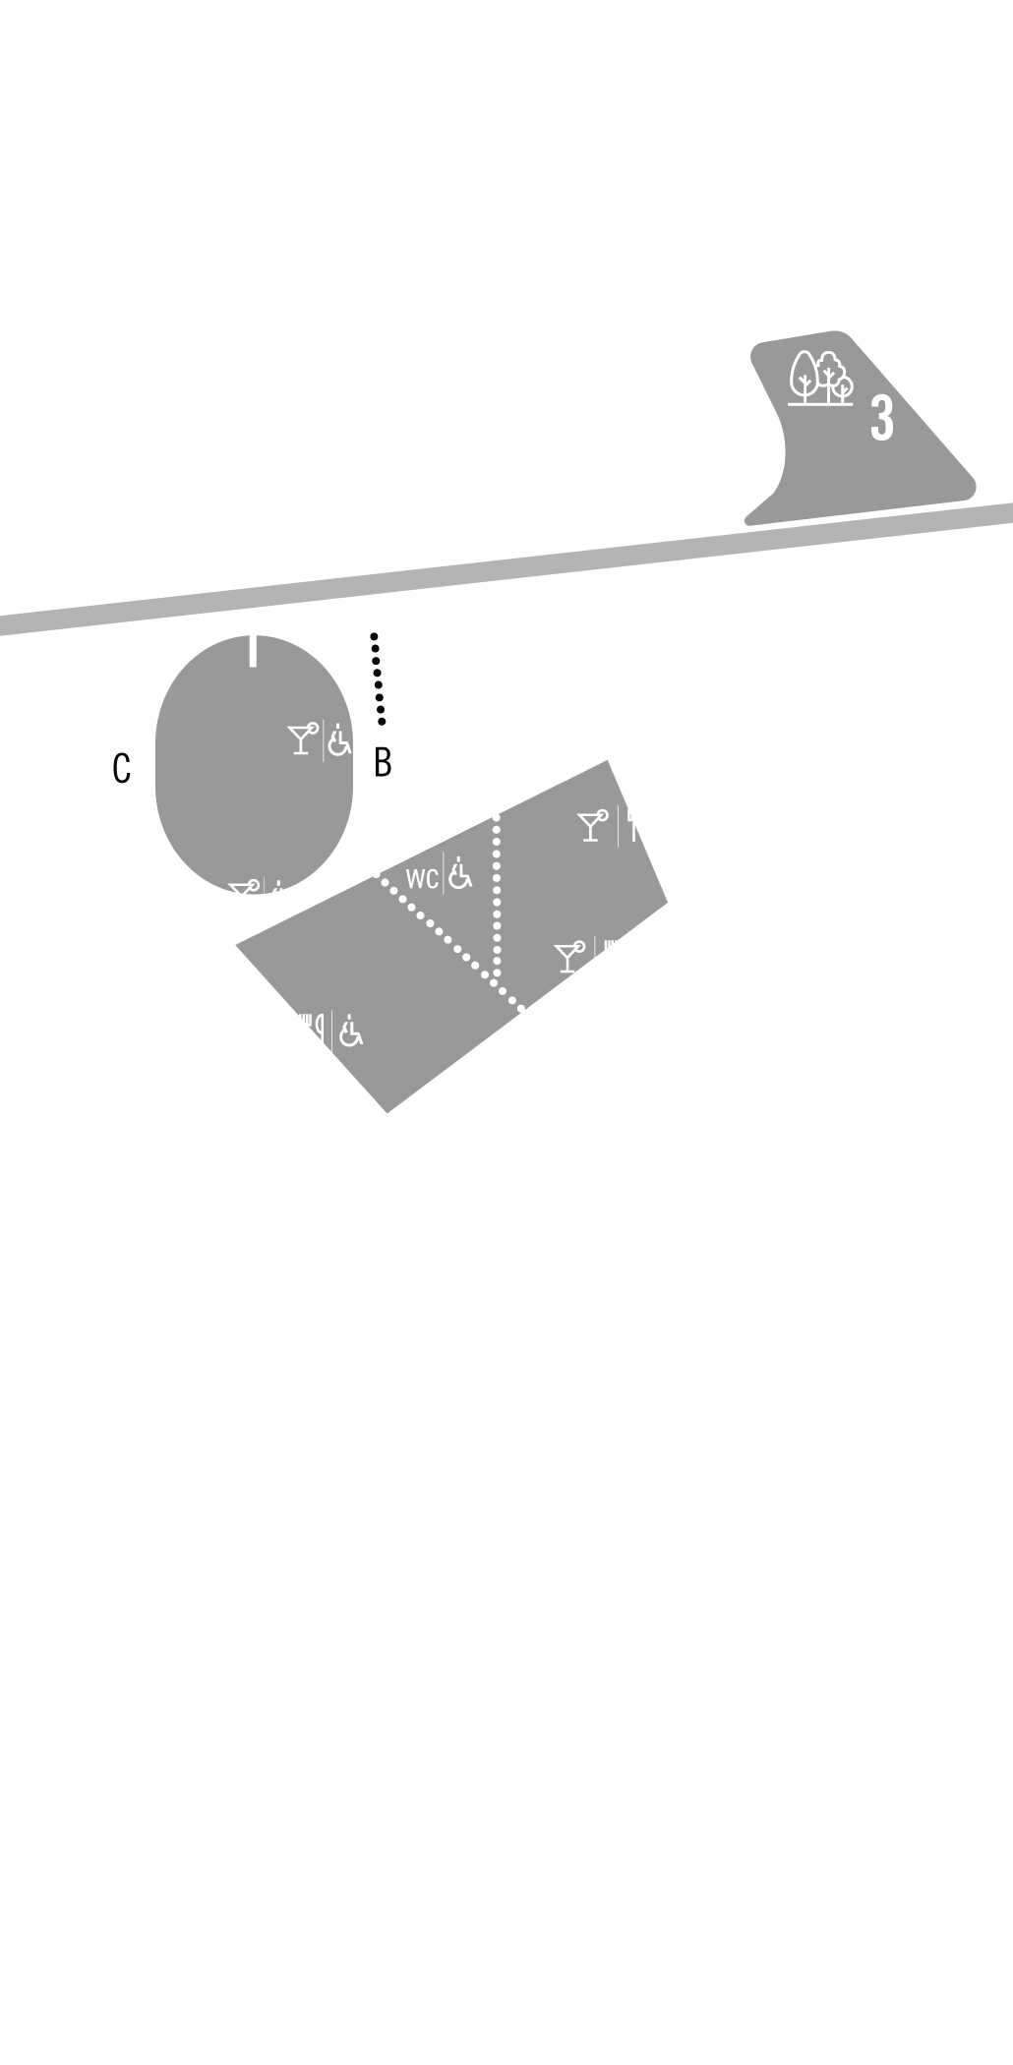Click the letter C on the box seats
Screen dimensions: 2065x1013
(x=122, y=768)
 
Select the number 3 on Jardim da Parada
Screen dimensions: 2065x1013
(x=881, y=418)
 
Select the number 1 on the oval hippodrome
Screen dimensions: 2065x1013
(x=252, y=645)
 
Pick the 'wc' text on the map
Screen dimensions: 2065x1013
(x=422, y=877)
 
